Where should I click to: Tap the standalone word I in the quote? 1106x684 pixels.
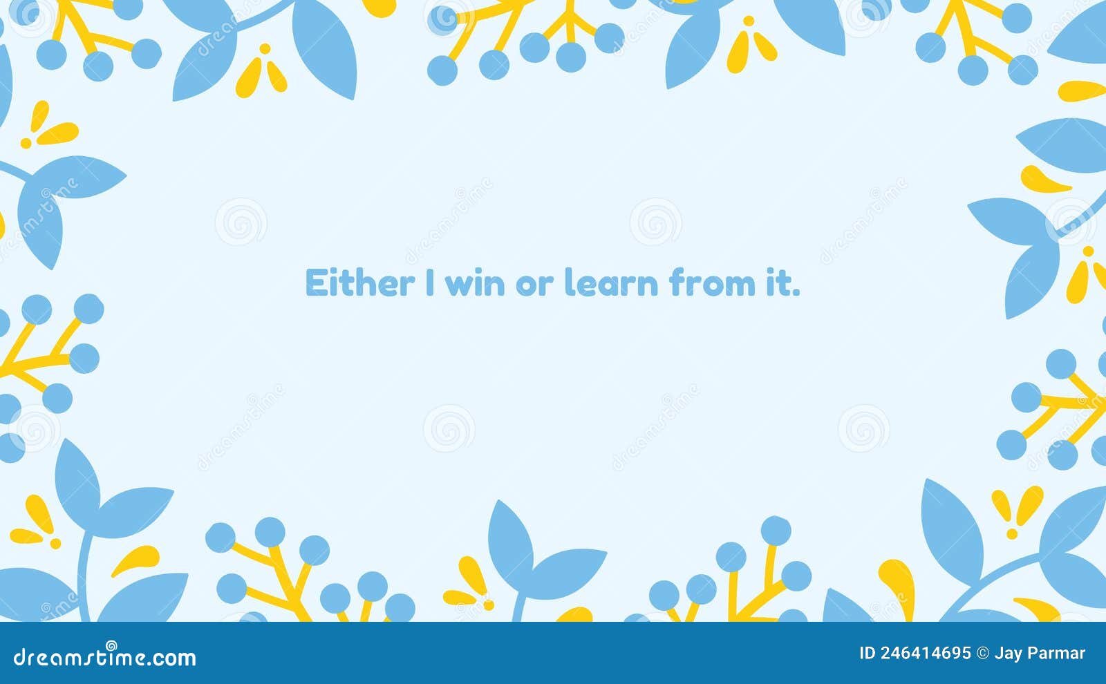coord(430,283)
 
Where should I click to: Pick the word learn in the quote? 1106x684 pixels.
coord(611,283)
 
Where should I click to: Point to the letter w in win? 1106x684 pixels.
coord(458,285)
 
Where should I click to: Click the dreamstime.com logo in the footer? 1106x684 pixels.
coord(104,656)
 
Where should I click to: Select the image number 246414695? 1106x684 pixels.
coord(926,654)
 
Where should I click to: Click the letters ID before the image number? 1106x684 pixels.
coord(867,654)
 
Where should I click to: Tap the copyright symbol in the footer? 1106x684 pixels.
coord(982,654)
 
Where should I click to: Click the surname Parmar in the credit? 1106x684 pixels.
coord(1058,654)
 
